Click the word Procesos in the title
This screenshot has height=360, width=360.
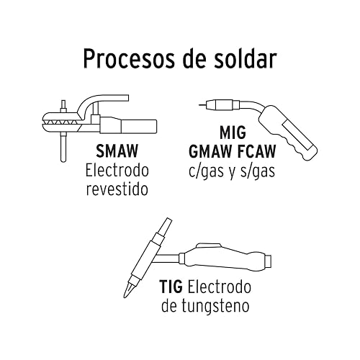click(129, 58)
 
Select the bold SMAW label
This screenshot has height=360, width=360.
click(117, 150)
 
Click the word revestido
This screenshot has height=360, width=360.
click(117, 189)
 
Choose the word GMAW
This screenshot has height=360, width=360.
click(211, 151)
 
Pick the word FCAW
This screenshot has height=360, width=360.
click(257, 151)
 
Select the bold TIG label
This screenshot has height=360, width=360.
click(171, 287)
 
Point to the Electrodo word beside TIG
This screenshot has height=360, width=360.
click(220, 287)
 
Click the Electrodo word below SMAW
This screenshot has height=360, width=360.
click(117, 171)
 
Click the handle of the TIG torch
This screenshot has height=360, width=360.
click(225, 258)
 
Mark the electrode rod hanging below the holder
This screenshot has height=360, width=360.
click(63, 147)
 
